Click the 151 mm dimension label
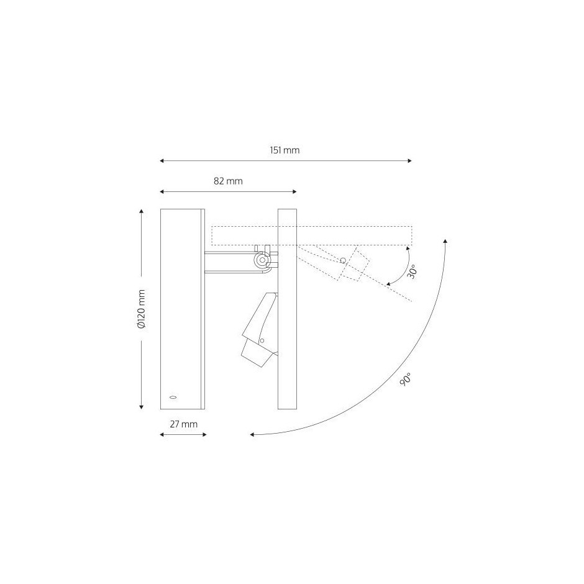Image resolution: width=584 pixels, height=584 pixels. [x=285, y=150]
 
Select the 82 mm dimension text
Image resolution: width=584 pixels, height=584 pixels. [x=228, y=181]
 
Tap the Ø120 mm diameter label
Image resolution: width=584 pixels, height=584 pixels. [x=142, y=309]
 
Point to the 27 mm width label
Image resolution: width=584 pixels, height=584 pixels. [x=184, y=424]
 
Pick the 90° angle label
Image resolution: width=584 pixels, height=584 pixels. [x=406, y=379]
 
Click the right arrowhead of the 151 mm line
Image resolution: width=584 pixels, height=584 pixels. [x=409, y=161]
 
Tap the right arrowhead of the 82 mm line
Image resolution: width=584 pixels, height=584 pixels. [x=294, y=192]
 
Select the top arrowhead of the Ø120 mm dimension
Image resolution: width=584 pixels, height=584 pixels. [x=142, y=211]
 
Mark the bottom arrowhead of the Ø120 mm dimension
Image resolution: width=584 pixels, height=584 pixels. [x=142, y=407]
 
